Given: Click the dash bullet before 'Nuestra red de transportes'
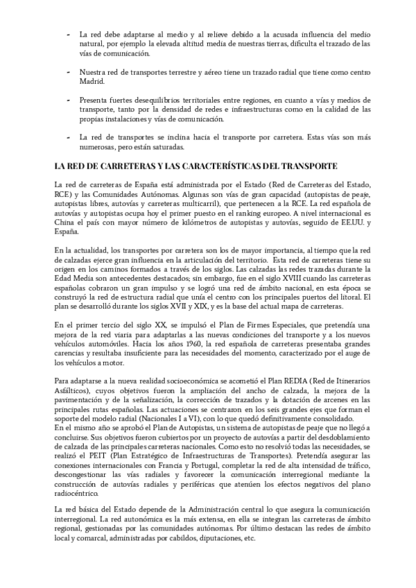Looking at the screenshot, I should coord(68,71).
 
